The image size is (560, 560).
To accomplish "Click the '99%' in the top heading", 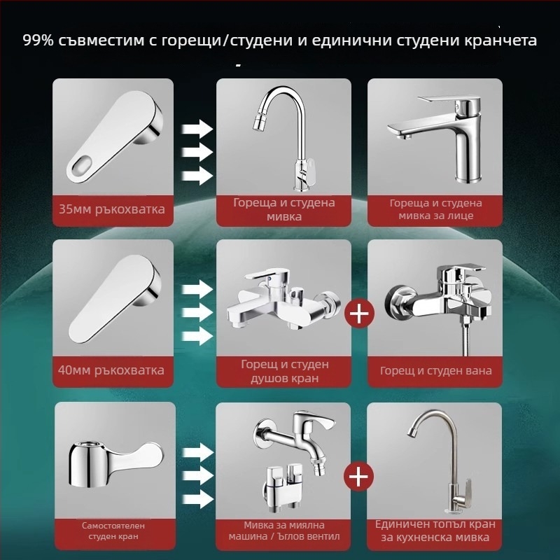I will pyautogui.click(x=38, y=40).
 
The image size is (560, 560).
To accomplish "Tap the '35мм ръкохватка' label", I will pyautogui.click(x=112, y=209).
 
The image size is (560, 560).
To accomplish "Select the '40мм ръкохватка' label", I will pyautogui.click(x=112, y=370).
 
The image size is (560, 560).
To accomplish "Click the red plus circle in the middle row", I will pyautogui.click(x=360, y=313).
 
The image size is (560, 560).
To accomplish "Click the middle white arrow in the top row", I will pyautogui.click(x=197, y=152).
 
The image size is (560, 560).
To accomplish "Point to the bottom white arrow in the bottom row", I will pyautogui.click(x=197, y=499).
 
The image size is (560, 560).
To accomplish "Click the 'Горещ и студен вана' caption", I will pyautogui.click(x=435, y=371).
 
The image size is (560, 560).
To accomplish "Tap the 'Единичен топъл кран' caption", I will pyautogui.click(x=435, y=524).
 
